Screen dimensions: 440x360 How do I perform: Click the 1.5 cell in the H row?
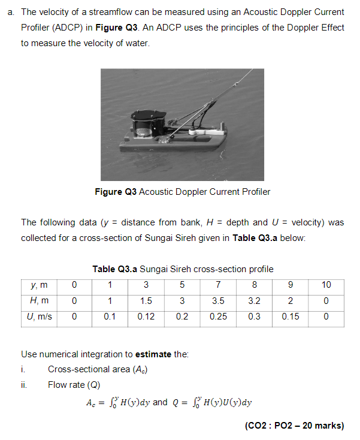point(146,300)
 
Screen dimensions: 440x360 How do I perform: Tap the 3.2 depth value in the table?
point(254,300)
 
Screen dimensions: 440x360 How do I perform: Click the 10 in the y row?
point(326,284)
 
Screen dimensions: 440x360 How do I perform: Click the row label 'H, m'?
point(40,300)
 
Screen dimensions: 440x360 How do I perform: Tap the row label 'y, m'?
point(40,284)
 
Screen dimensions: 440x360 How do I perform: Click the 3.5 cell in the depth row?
point(218,300)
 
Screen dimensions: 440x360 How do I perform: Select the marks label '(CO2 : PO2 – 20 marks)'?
point(294,426)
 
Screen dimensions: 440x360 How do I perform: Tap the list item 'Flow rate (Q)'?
point(74,384)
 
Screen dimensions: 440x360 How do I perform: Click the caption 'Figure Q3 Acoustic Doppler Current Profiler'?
point(183,192)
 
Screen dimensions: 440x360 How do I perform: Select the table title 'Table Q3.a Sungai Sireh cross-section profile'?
point(183,269)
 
